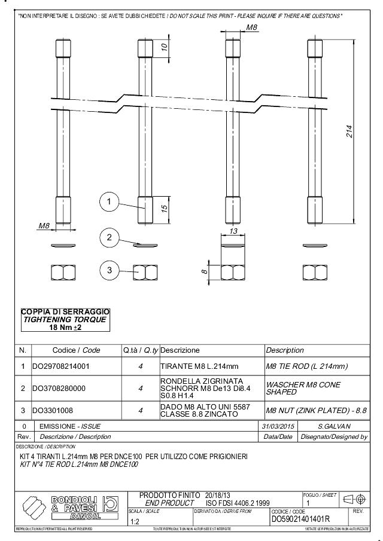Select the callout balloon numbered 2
(109, 238)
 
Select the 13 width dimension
(233, 231)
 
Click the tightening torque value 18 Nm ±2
(65, 327)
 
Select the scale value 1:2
(136, 521)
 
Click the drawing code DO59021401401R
(300, 519)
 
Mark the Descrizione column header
(180, 350)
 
